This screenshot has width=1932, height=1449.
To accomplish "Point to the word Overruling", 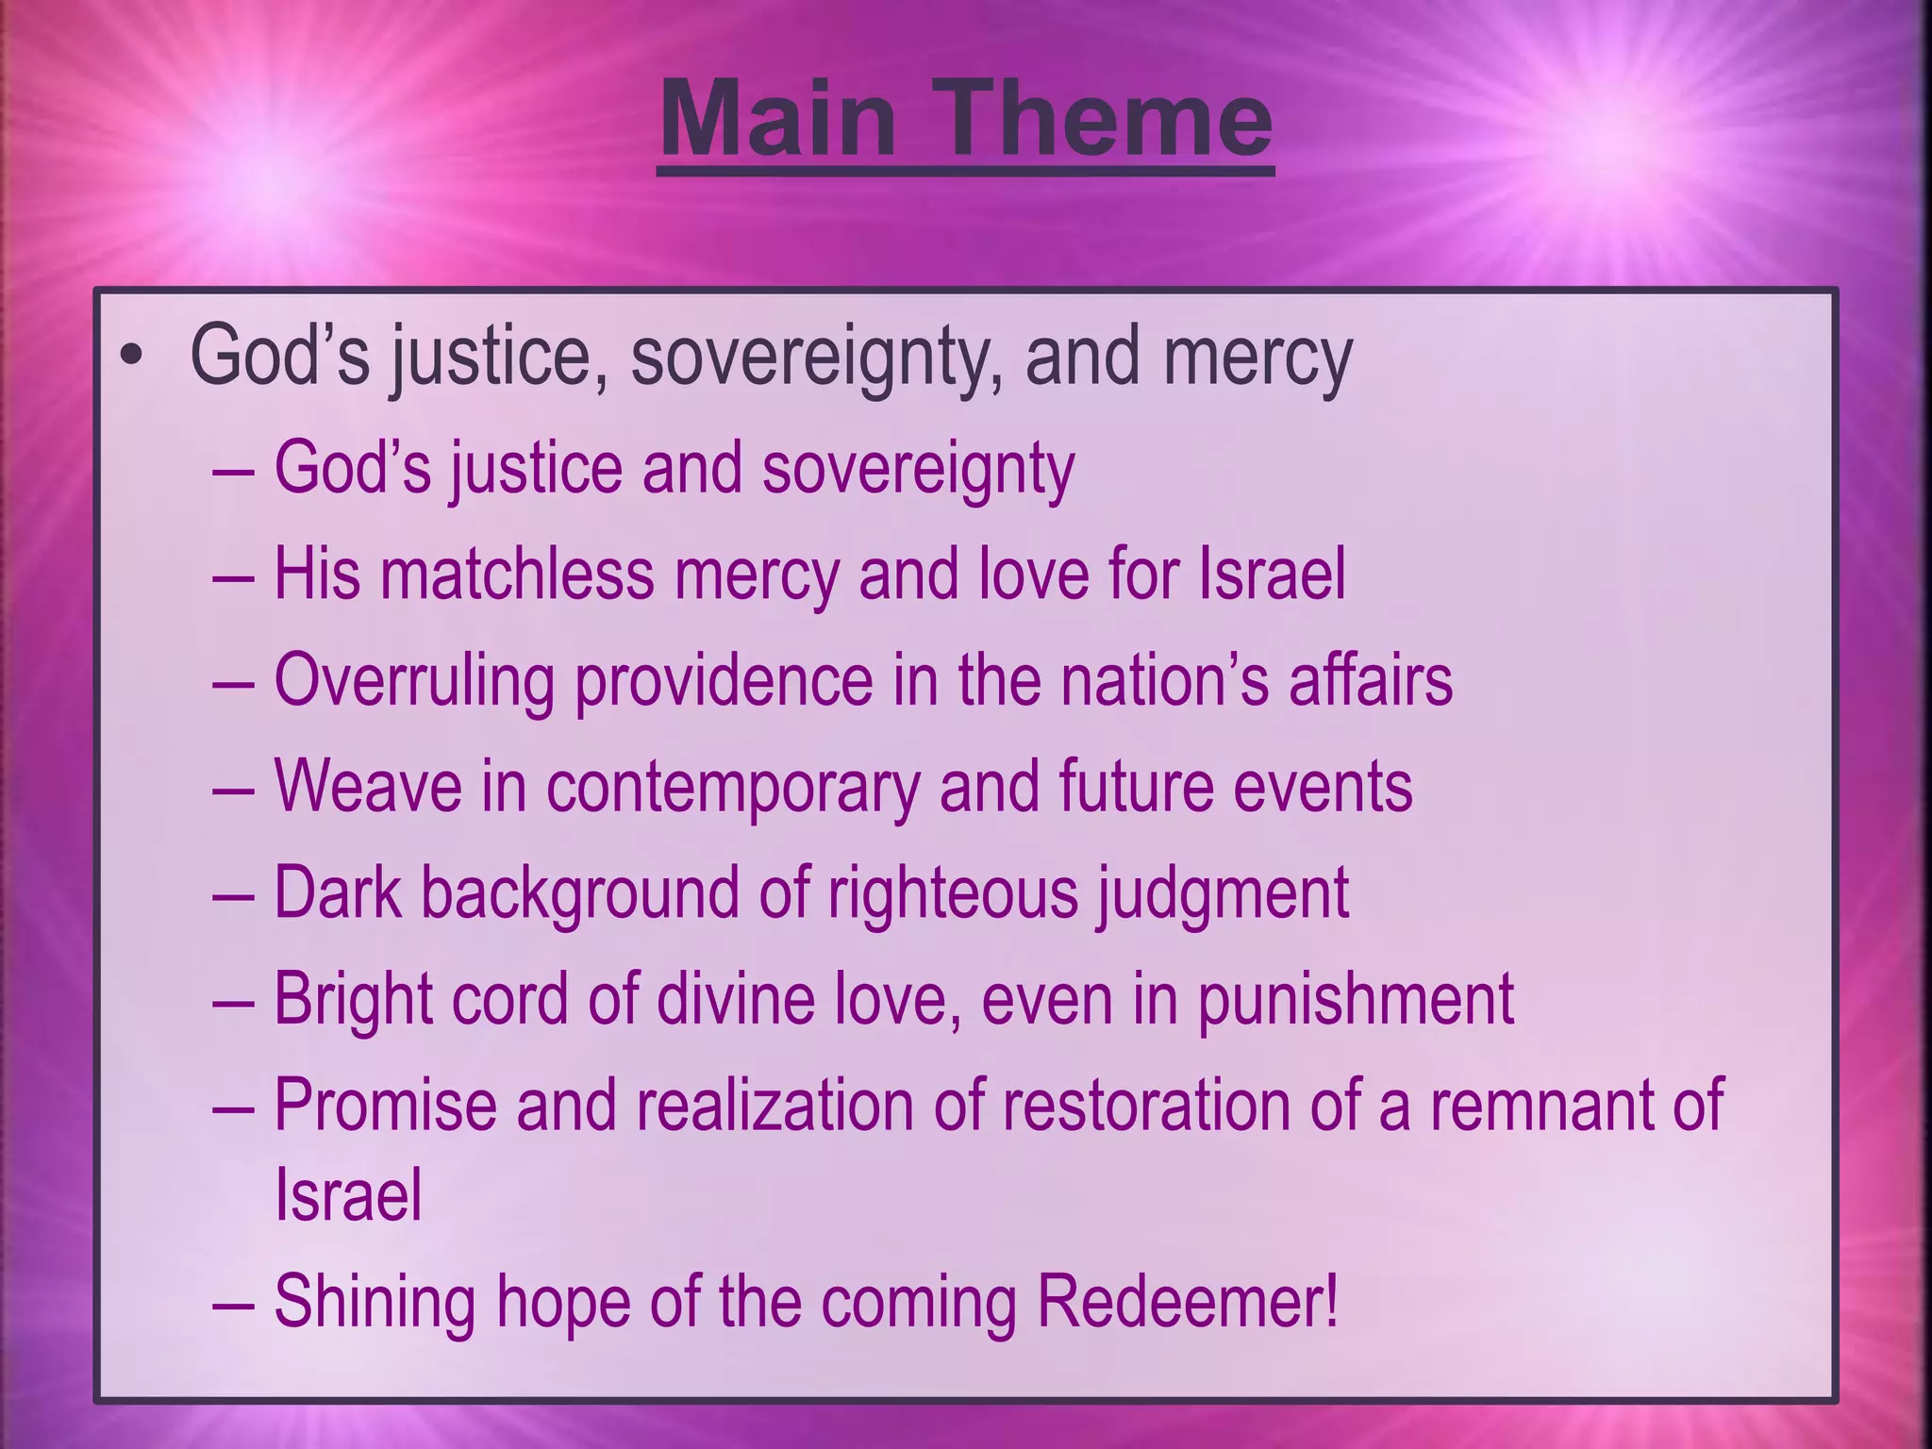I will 413,681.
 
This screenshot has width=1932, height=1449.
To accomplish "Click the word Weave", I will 367,787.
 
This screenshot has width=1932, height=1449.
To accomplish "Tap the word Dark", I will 337,892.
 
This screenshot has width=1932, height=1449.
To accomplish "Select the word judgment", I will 1222,894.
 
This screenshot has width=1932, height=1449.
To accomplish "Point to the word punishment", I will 1356,1000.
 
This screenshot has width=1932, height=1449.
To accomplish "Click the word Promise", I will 385,1105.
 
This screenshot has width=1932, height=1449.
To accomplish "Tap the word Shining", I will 374,1303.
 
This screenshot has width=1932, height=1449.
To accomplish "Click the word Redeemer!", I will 1187,1301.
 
